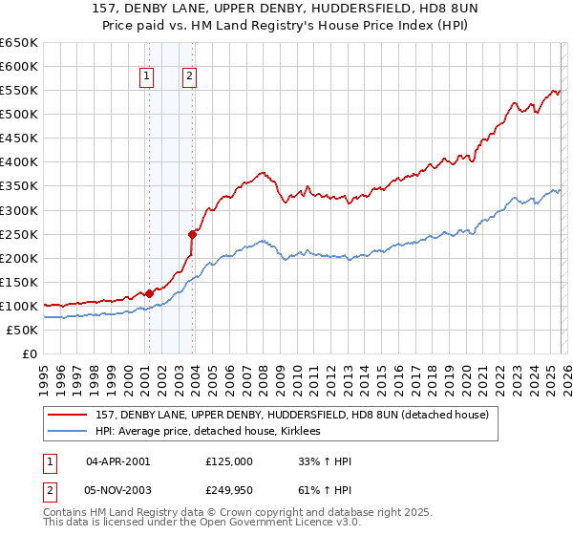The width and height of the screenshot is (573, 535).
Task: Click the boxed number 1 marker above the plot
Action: click(x=148, y=77)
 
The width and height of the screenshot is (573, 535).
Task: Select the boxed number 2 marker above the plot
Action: click(x=190, y=77)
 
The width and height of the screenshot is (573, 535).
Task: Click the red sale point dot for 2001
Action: click(x=149, y=294)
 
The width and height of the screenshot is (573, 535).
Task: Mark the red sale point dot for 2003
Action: click(x=193, y=233)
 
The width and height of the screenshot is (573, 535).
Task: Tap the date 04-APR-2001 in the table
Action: click(x=117, y=461)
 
